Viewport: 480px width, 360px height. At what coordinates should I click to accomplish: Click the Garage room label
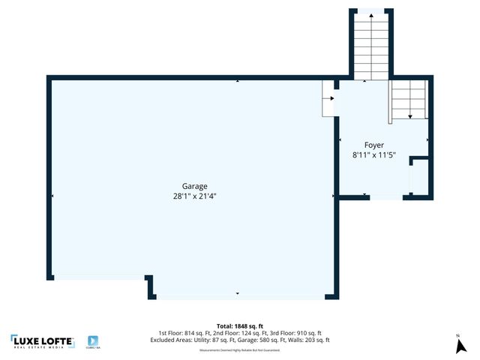click(194, 186)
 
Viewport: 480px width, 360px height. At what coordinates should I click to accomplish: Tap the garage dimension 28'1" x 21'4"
click(194, 196)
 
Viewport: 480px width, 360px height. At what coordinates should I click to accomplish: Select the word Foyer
click(374, 145)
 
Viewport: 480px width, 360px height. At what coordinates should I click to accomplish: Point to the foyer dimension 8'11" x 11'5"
click(373, 155)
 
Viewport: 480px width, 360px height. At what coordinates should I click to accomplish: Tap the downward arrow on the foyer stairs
click(410, 115)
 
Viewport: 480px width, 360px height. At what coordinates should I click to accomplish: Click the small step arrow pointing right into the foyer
click(330, 97)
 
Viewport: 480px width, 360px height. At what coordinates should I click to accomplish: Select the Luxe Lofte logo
click(42, 342)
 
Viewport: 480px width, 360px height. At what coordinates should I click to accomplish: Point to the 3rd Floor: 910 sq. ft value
click(298, 333)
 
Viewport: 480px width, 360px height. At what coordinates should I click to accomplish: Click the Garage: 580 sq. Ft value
click(264, 340)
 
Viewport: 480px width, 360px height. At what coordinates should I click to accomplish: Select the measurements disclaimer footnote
click(239, 349)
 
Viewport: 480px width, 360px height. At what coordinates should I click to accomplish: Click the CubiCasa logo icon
click(93, 341)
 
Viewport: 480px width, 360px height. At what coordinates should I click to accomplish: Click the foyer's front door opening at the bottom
click(384, 197)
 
